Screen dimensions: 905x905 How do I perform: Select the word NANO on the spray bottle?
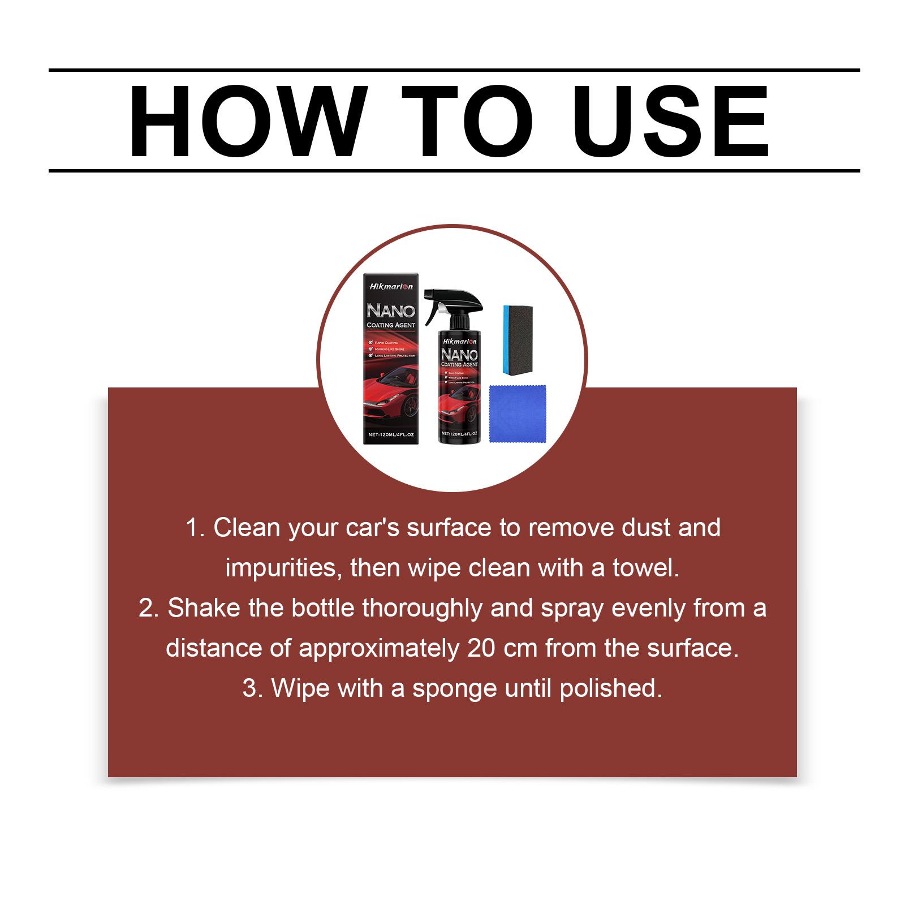(459, 355)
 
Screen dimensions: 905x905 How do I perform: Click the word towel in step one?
(644, 568)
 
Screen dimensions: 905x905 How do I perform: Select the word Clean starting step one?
(247, 528)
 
